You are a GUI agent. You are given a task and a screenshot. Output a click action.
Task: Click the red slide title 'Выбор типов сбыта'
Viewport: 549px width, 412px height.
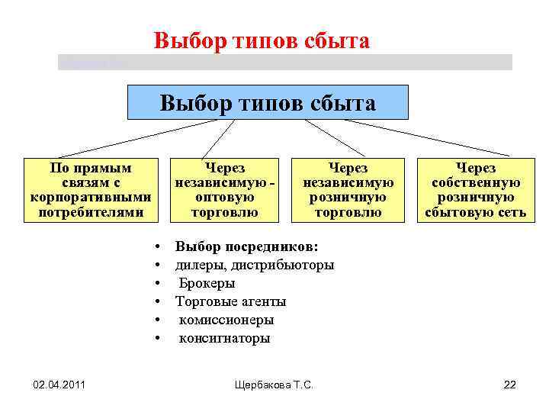262,40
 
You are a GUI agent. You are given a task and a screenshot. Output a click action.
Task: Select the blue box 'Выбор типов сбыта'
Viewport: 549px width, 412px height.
268,102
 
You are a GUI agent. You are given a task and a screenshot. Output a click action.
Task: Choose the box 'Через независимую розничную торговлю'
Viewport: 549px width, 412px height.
348,190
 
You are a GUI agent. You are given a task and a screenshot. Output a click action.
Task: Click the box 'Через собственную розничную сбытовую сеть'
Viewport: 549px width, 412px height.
476,190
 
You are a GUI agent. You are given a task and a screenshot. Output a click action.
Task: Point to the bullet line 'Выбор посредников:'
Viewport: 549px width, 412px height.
246,246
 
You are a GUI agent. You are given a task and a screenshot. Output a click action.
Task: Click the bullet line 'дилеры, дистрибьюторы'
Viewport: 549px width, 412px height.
254,265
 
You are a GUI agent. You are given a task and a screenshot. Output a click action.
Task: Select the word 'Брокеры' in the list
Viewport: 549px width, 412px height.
207,283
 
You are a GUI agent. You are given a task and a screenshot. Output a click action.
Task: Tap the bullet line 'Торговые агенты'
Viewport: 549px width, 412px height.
230,301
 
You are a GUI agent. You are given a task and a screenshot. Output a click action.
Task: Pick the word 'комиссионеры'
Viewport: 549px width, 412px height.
226,320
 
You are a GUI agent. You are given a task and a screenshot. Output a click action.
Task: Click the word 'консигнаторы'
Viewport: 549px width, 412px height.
224,338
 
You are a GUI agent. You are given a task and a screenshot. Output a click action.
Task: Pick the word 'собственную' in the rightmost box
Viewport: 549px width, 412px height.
476,182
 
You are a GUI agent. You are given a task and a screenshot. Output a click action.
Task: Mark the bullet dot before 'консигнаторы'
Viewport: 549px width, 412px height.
156,338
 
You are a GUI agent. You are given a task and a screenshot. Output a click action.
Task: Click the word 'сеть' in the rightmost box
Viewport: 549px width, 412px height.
512,212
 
